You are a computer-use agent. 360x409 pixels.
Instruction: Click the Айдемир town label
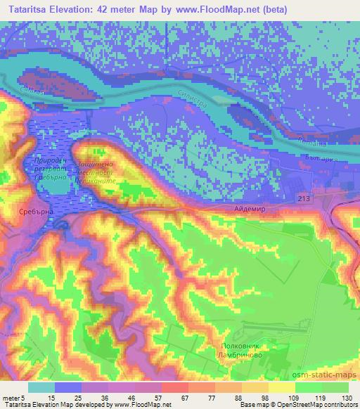click(245, 209)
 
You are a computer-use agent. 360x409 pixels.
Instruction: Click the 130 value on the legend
click(347, 397)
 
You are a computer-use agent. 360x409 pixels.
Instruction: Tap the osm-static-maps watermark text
click(319, 376)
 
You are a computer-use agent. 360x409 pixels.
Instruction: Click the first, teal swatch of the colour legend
click(41, 387)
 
